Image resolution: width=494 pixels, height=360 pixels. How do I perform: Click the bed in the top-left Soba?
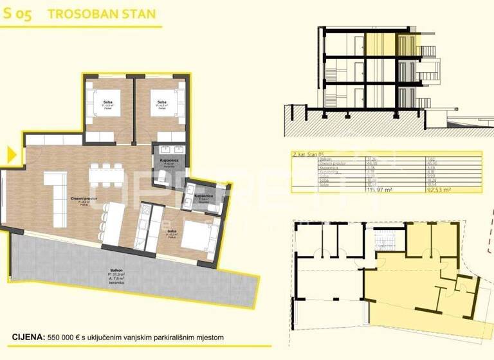(107, 107)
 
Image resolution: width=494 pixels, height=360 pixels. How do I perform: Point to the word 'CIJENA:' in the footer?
(28, 337)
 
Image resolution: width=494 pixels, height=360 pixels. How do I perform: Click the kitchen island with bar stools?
(114, 222)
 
